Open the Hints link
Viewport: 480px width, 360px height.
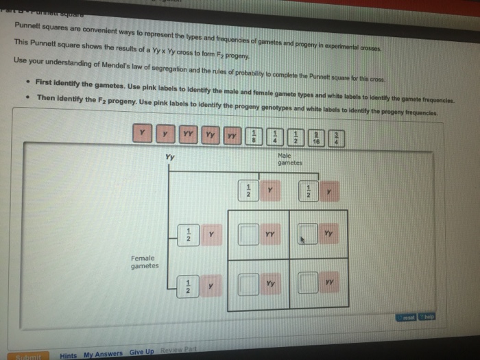coord(69,355)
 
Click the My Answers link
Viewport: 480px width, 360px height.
coord(104,355)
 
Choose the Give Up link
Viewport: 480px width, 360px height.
coord(142,352)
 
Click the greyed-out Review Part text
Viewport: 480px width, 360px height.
coord(177,350)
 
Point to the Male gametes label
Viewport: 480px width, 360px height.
coord(289,160)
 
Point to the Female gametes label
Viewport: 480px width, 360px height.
coord(145,261)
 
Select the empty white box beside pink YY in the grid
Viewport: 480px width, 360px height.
coord(248,236)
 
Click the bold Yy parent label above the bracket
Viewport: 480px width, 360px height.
coord(169,158)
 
